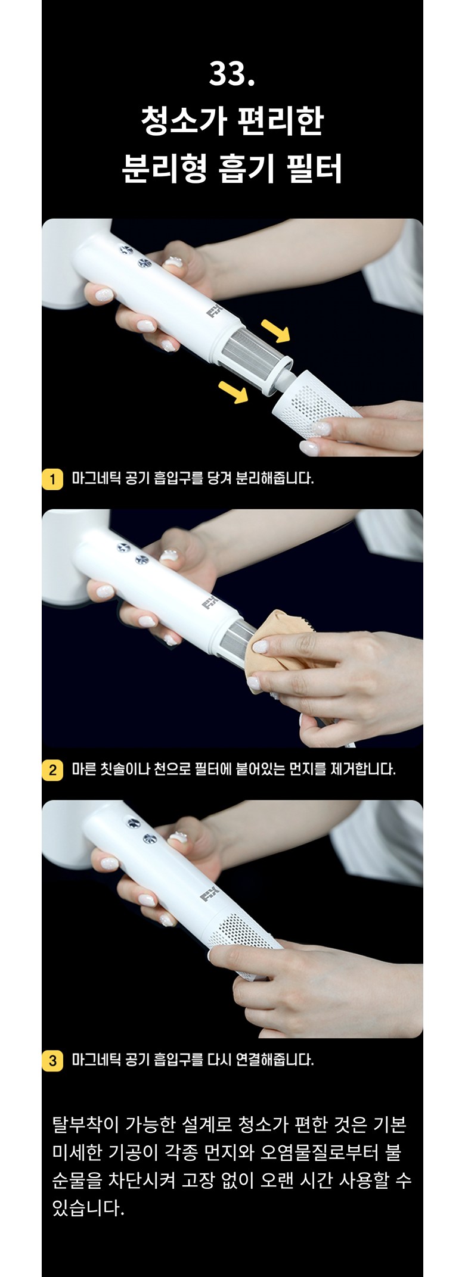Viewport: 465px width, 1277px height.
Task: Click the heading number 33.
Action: point(232,75)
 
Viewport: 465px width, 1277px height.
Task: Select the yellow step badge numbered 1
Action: point(52,479)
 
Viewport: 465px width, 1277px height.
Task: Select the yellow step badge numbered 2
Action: point(52,770)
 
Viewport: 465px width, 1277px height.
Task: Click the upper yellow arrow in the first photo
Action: point(275,329)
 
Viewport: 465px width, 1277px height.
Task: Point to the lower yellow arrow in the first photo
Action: point(233,392)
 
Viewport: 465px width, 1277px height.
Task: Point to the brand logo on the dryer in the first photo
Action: point(213,310)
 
